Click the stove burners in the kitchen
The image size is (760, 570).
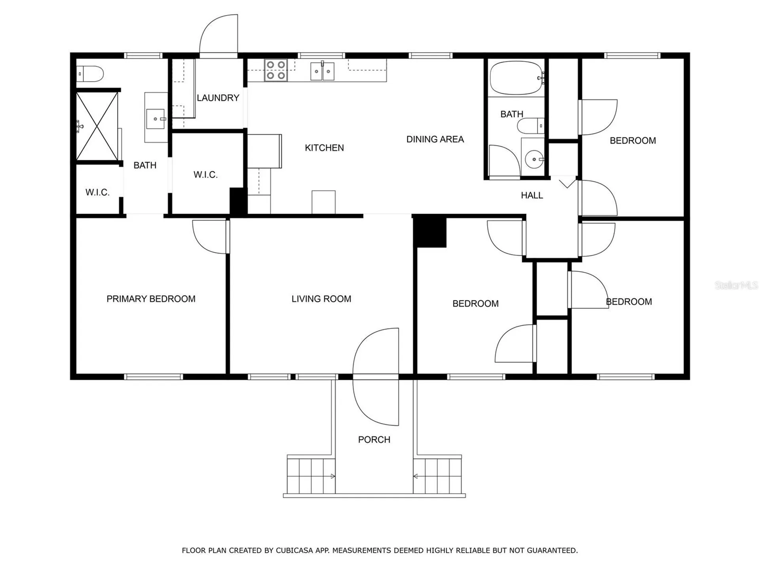tap(275, 70)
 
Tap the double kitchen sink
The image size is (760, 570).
tap(322, 71)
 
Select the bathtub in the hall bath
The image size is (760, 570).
tap(517, 78)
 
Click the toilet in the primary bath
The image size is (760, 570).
tap(90, 74)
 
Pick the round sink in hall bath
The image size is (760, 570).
tap(534, 160)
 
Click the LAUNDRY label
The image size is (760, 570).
tap(218, 98)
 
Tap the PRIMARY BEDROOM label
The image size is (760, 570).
tap(151, 299)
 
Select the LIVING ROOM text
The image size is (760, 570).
tap(321, 299)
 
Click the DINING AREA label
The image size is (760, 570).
tap(435, 139)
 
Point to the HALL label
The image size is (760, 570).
tap(532, 195)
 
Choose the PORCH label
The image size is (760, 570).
tap(374, 439)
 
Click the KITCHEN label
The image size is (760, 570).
tap(324, 148)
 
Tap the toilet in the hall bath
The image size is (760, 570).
tap(530, 126)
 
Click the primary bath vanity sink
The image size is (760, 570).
tap(156, 119)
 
